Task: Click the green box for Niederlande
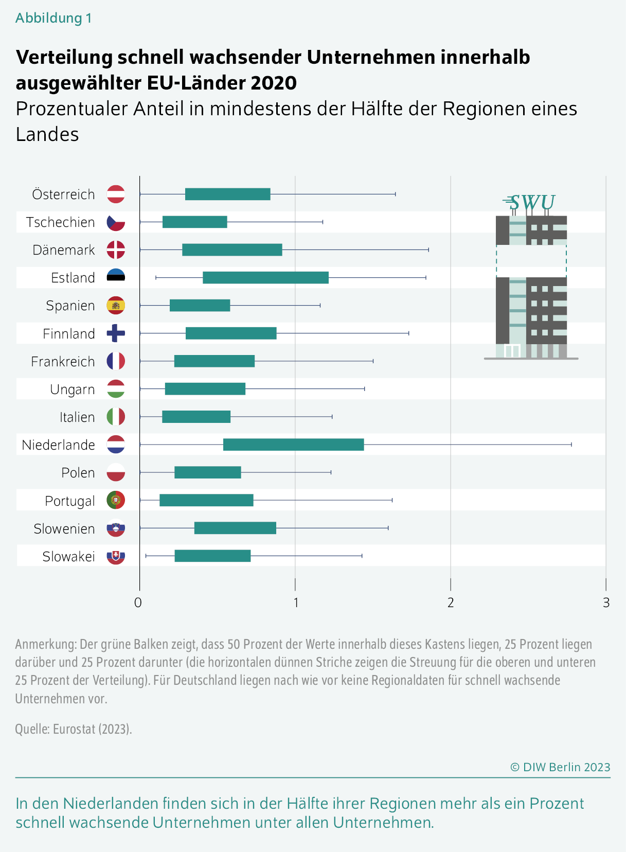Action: click(x=293, y=445)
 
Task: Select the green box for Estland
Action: click(x=265, y=278)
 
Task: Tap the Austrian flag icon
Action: click(x=116, y=194)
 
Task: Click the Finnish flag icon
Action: click(x=116, y=333)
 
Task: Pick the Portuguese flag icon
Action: click(x=116, y=500)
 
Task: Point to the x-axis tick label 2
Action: click(x=451, y=602)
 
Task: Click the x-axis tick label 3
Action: click(x=606, y=602)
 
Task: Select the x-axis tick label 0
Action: click(x=138, y=602)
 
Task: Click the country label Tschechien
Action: click(x=60, y=222)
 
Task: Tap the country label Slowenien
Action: click(x=64, y=528)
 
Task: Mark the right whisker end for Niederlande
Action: click(x=571, y=445)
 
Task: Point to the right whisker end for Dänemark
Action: click(x=428, y=250)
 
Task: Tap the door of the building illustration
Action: click(x=512, y=351)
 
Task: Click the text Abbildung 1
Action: click(x=53, y=18)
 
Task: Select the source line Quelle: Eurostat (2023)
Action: click(x=74, y=729)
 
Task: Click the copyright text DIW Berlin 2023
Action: click(x=560, y=767)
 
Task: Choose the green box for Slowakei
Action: click(x=212, y=556)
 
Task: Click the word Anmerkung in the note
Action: click(x=45, y=644)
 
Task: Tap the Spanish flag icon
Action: click(x=116, y=306)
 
